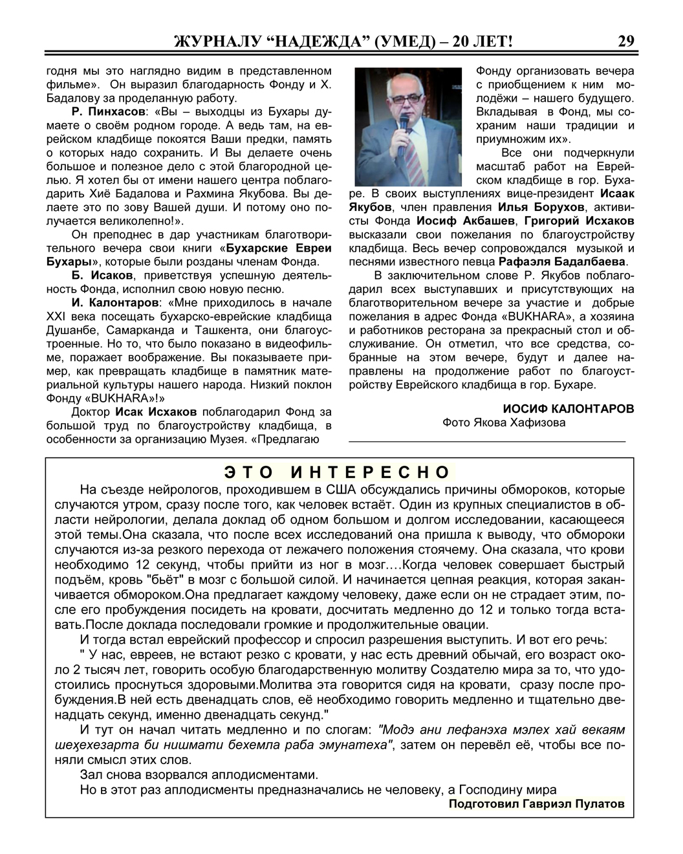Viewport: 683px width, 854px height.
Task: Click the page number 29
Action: pyautogui.click(x=626, y=41)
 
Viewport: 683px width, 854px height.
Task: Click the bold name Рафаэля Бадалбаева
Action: pyautogui.click(x=563, y=262)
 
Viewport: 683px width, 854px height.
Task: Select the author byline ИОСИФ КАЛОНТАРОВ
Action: pyautogui.click(x=569, y=409)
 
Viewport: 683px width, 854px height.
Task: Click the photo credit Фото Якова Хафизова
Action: pyautogui.click(x=504, y=423)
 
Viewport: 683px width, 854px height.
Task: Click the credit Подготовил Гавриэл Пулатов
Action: pyautogui.click(x=536, y=804)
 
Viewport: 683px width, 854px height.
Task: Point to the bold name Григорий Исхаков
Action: pyautogui.click(x=579, y=221)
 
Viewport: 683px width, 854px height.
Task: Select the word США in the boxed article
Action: pyautogui.click(x=335, y=488)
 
